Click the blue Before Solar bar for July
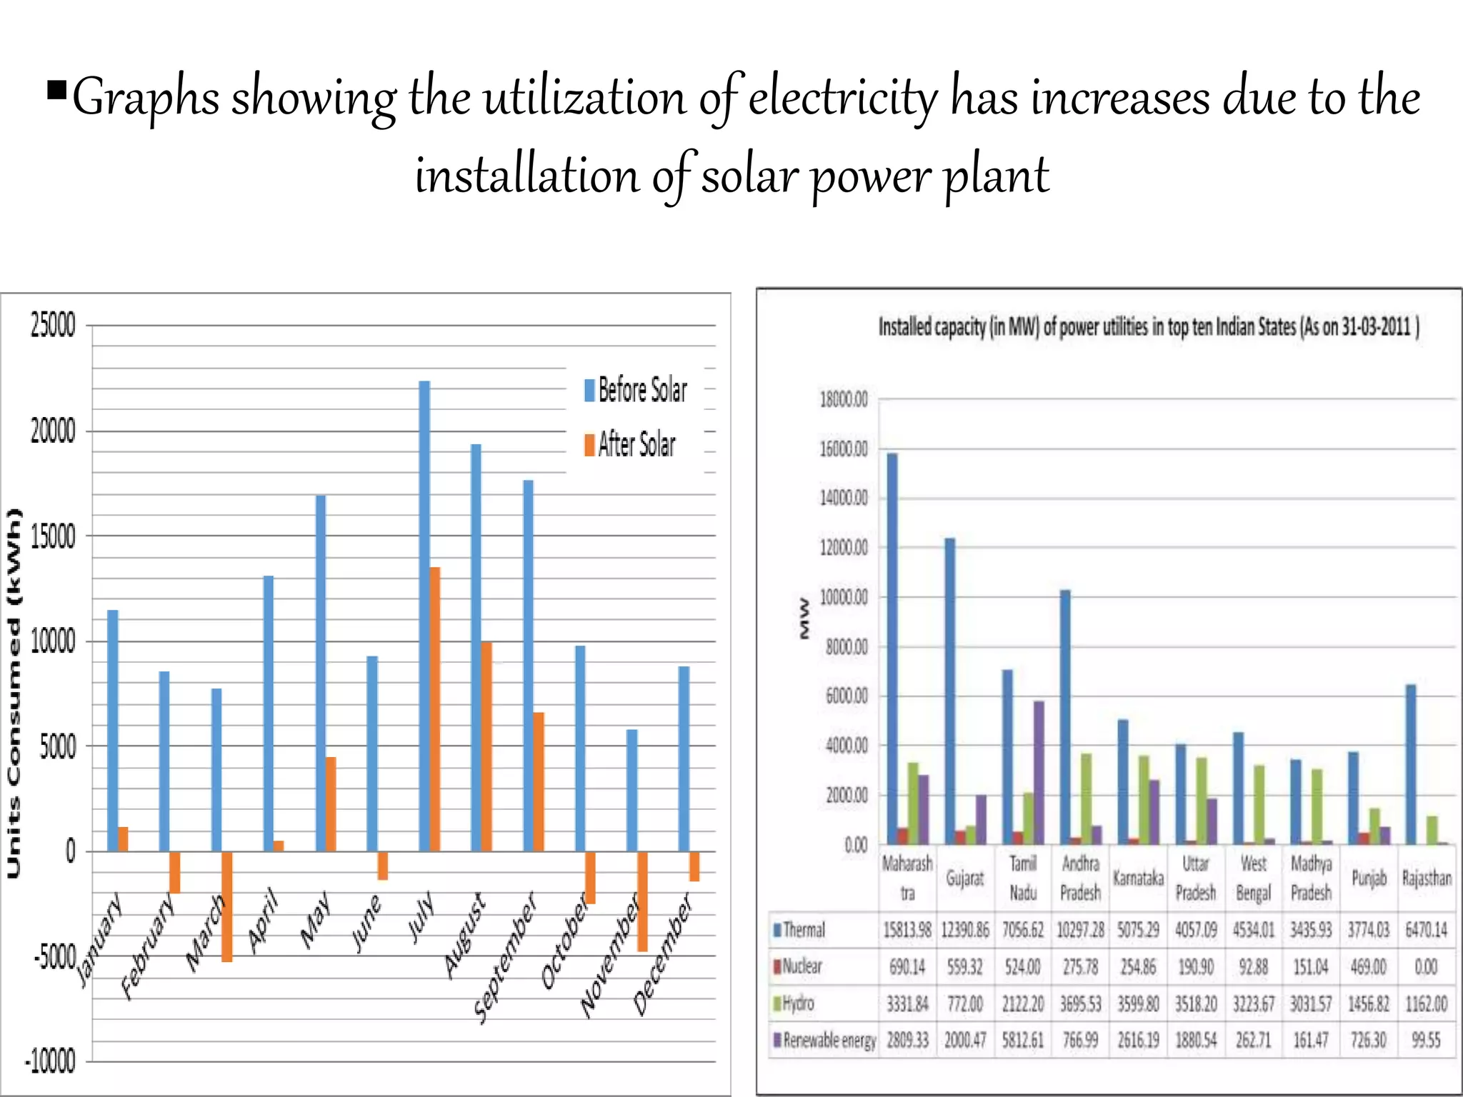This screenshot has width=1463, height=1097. [424, 614]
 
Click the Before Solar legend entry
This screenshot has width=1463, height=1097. [636, 390]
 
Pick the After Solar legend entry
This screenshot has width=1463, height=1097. [630, 444]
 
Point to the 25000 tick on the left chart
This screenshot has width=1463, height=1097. [53, 326]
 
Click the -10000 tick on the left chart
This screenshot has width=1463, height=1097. [50, 1061]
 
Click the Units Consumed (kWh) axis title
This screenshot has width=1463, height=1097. [14, 693]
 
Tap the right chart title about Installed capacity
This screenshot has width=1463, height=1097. [1148, 327]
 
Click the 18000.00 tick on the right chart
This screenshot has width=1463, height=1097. [844, 399]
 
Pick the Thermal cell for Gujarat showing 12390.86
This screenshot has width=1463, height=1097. [965, 930]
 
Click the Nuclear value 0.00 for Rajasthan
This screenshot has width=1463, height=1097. [1426, 967]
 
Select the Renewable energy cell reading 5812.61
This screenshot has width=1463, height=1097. [1022, 1041]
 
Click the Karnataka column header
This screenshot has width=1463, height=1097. [1138, 878]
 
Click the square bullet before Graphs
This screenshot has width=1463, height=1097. [57, 91]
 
